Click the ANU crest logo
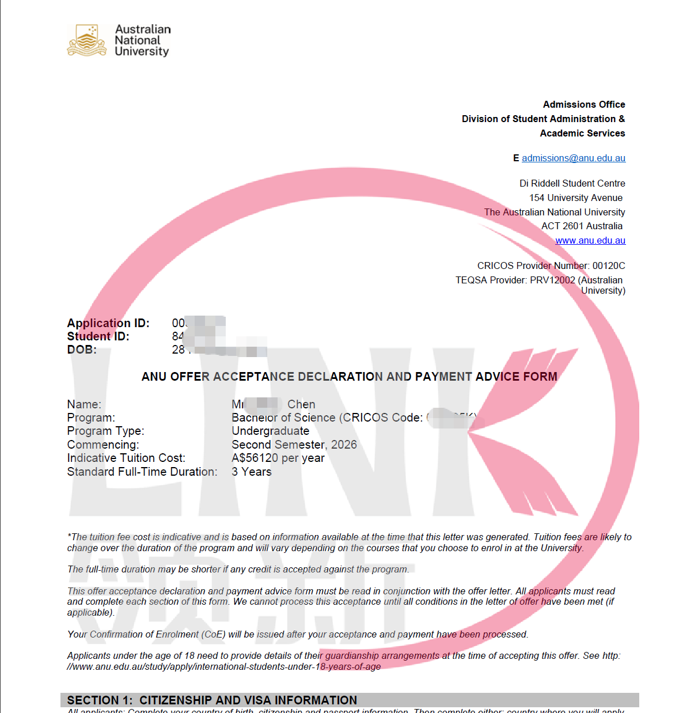[x=87, y=40]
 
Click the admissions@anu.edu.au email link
[x=574, y=158]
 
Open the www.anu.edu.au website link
[x=590, y=241]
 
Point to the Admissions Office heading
[x=584, y=105]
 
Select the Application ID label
[x=108, y=323]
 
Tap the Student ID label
[x=98, y=336]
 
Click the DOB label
[x=82, y=350]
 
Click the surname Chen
[x=301, y=404]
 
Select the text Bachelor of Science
[x=283, y=418]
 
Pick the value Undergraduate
[x=270, y=431]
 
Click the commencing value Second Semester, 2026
[x=294, y=445]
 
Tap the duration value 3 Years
[x=252, y=472]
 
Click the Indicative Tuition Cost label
[x=126, y=458]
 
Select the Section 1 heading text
[x=212, y=700]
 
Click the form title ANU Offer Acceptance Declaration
[x=349, y=377]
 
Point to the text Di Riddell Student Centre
[x=572, y=184]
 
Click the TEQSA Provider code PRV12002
[x=552, y=280]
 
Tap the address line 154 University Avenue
[x=576, y=198]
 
